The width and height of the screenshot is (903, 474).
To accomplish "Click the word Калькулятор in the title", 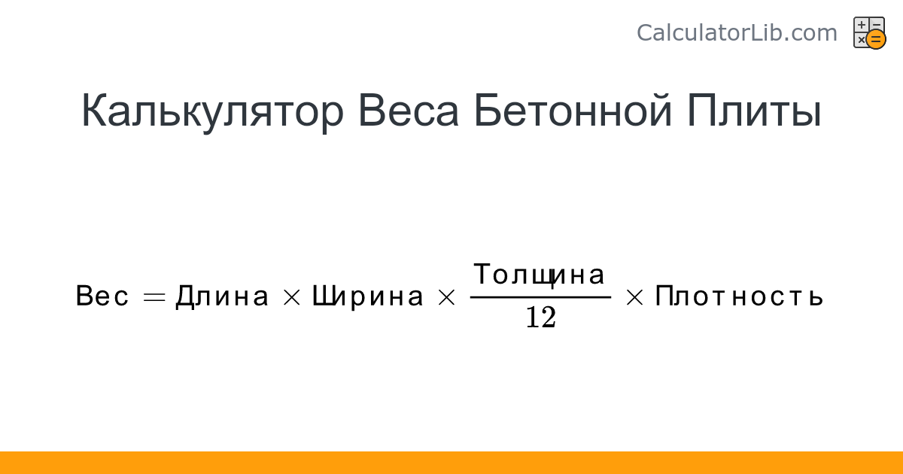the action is click(x=212, y=111).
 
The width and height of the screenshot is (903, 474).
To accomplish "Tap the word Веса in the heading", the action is click(x=409, y=111).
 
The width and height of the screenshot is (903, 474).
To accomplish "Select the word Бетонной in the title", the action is click(x=573, y=110).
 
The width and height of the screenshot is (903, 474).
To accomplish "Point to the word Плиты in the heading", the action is click(x=754, y=111).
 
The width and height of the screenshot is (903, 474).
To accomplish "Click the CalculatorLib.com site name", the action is click(x=737, y=32).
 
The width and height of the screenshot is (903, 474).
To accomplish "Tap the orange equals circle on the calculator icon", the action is click(x=876, y=39).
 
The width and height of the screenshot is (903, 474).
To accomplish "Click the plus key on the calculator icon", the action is click(x=861, y=25).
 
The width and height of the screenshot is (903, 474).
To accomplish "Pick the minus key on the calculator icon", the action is click(x=877, y=24).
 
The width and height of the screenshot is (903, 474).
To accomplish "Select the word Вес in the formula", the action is click(x=102, y=296).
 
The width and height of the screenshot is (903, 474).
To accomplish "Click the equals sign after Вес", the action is click(x=154, y=297).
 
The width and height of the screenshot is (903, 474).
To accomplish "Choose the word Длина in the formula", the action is click(x=222, y=296).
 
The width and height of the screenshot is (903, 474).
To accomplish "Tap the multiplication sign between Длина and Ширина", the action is click(x=292, y=297).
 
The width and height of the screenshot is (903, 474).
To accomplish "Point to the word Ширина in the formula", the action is click(x=368, y=297).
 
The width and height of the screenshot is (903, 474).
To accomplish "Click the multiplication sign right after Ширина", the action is click(x=446, y=297).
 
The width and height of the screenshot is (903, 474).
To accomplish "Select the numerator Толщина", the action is click(x=539, y=275).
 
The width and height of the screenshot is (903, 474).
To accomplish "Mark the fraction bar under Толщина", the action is click(x=540, y=297).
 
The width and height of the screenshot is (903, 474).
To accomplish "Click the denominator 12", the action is click(x=541, y=317).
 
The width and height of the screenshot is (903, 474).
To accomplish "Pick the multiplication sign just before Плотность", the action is click(x=634, y=297).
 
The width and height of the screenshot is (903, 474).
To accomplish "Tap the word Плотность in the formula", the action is click(x=739, y=296).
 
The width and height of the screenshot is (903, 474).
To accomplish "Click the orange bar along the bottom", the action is click(x=451, y=463).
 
